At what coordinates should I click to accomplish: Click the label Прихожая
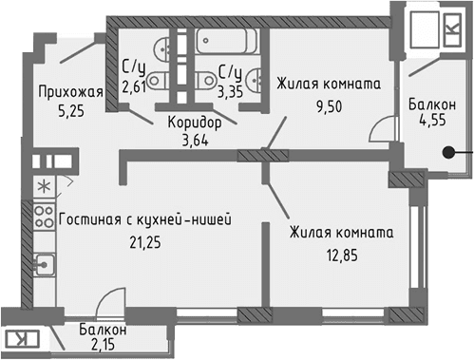pyautogui.click(x=69, y=92)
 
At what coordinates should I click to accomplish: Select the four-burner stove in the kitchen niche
pyautogui.click(x=44, y=216)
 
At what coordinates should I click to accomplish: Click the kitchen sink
pyautogui.click(x=43, y=262)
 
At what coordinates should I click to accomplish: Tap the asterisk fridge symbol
pyautogui.click(x=44, y=183)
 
